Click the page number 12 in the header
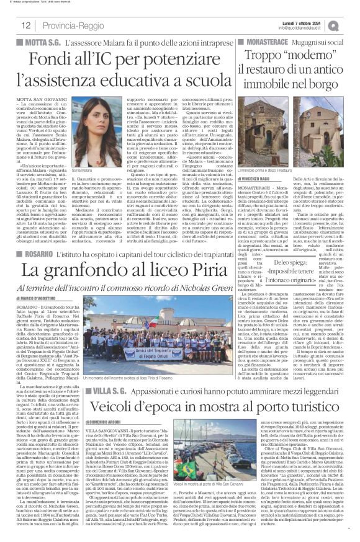point(27,25)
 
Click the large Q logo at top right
point(351,24)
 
